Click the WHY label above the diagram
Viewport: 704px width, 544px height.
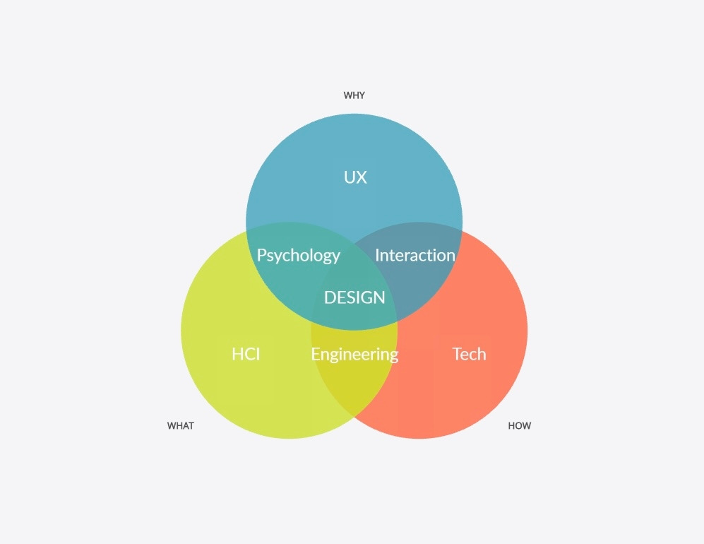(x=354, y=95)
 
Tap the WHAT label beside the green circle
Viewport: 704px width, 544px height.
(x=180, y=426)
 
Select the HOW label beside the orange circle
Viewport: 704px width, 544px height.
(x=519, y=426)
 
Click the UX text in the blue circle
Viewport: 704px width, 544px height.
(x=355, y=177)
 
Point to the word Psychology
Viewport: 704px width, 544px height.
(x=298, y=256)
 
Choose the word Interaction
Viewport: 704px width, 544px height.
(x=414, y=256)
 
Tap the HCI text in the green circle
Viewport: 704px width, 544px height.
(x=246, y=354)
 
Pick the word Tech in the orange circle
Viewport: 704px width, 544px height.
(x=469, y=354)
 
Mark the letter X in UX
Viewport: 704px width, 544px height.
(x=362, y=177)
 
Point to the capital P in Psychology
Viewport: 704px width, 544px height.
(x=261, y=255)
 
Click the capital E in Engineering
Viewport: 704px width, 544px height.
(x=315, y=354)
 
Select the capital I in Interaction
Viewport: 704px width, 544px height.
(x=377, y=255)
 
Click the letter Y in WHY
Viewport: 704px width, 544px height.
(x=362, y=95)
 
